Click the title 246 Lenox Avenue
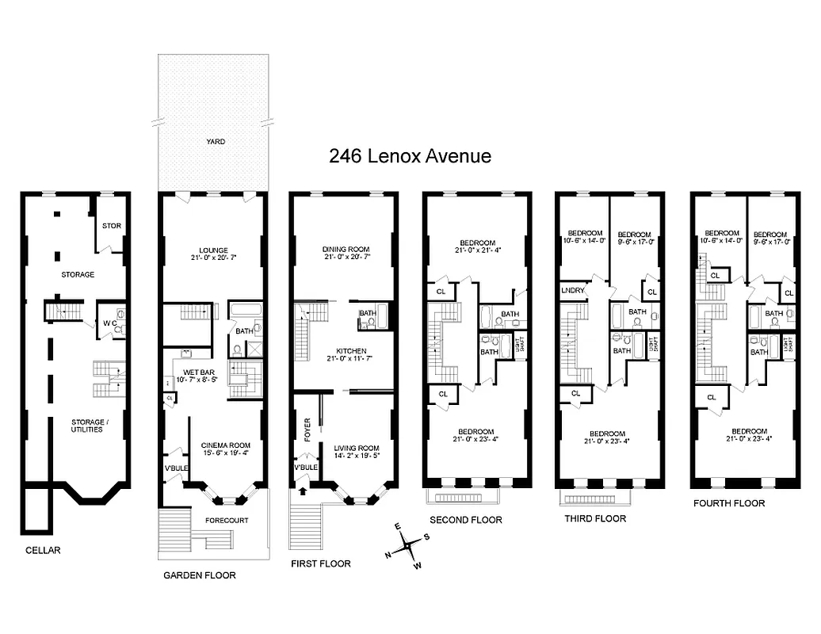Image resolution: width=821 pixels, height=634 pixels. (410, 156)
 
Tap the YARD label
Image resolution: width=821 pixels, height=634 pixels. (215, 142)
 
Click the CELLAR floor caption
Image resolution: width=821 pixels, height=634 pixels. (42, 550)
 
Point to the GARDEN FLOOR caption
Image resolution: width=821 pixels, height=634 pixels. (199, 575)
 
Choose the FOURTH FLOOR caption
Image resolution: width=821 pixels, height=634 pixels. (728, 503)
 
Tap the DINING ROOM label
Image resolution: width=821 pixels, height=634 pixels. (346, 250)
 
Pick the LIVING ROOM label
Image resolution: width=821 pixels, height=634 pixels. (356, 448)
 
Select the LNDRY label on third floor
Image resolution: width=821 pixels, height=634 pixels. (573, 290)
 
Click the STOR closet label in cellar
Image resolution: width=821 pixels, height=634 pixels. (112, 226)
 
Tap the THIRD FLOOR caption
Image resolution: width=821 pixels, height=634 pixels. (594, 519)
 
